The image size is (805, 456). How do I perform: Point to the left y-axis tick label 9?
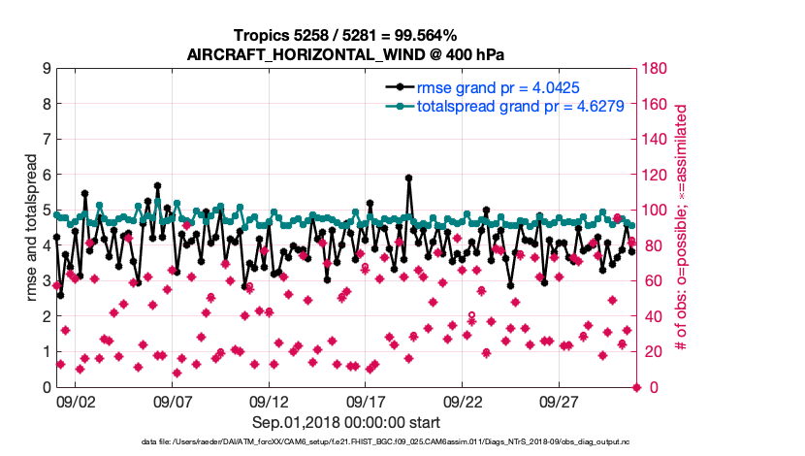point(46,69)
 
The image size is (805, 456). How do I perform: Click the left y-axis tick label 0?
point(46,387)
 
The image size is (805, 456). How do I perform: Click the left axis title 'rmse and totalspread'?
point(32,228)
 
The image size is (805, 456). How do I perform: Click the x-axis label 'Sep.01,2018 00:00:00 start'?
point(346,423)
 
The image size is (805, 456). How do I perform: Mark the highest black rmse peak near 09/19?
point(408,178)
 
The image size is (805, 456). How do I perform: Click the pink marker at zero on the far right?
point(637,387)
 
